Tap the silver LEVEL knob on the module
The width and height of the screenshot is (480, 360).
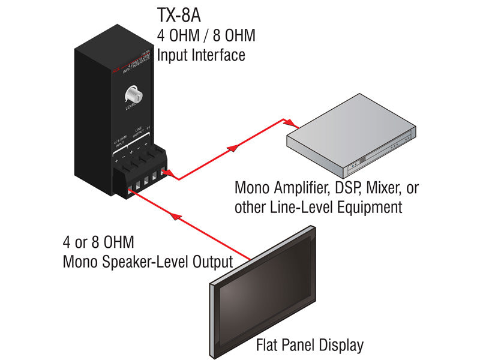132,95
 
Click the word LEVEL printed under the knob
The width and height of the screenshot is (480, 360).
133,110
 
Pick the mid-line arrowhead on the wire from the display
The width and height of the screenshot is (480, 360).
175,215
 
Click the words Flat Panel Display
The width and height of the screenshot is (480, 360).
310,346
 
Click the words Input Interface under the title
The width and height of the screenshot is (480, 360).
201,55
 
